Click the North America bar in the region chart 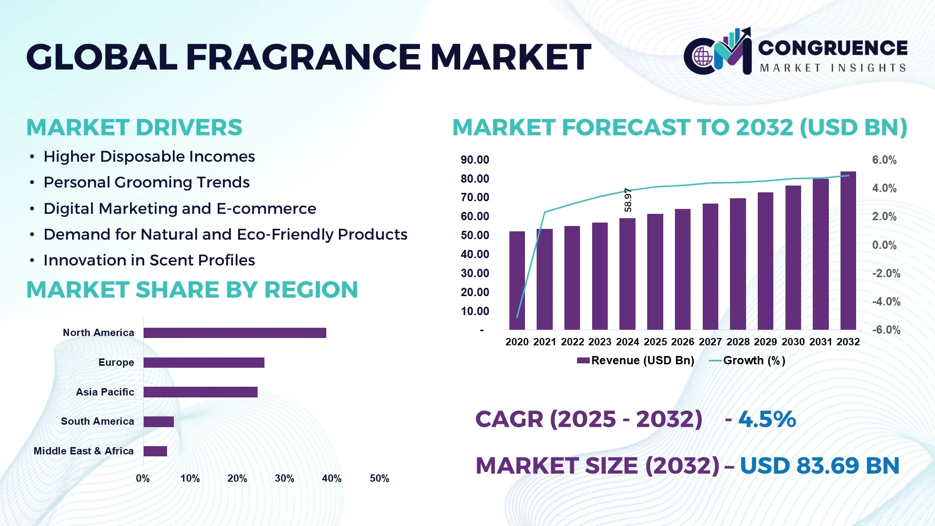click(x=235, y=333)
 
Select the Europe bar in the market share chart click(x=204, y=362)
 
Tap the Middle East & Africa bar click(x=155, y=451)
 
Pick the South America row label click(x=97, y=421)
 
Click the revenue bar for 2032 click(x=848, y=251)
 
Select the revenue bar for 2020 click(x=517, y=281)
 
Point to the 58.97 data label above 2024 click(x=628, y=200)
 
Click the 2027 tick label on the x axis click(x=710, y=342)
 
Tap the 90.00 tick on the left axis click(x=475, y=160)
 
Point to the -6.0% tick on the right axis click(x=886, y=330)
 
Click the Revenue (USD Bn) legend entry click(x=636, y=360)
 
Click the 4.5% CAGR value click(x=767, y=419)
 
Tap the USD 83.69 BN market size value click(x=819, y=466)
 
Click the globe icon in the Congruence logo click(x=703, y=57)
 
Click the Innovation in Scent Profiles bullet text click(x=149, y=260)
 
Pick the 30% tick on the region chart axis click(x=284, y=478)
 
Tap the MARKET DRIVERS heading click(x=134, y=128)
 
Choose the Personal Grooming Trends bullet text click(x=146, y=182)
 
